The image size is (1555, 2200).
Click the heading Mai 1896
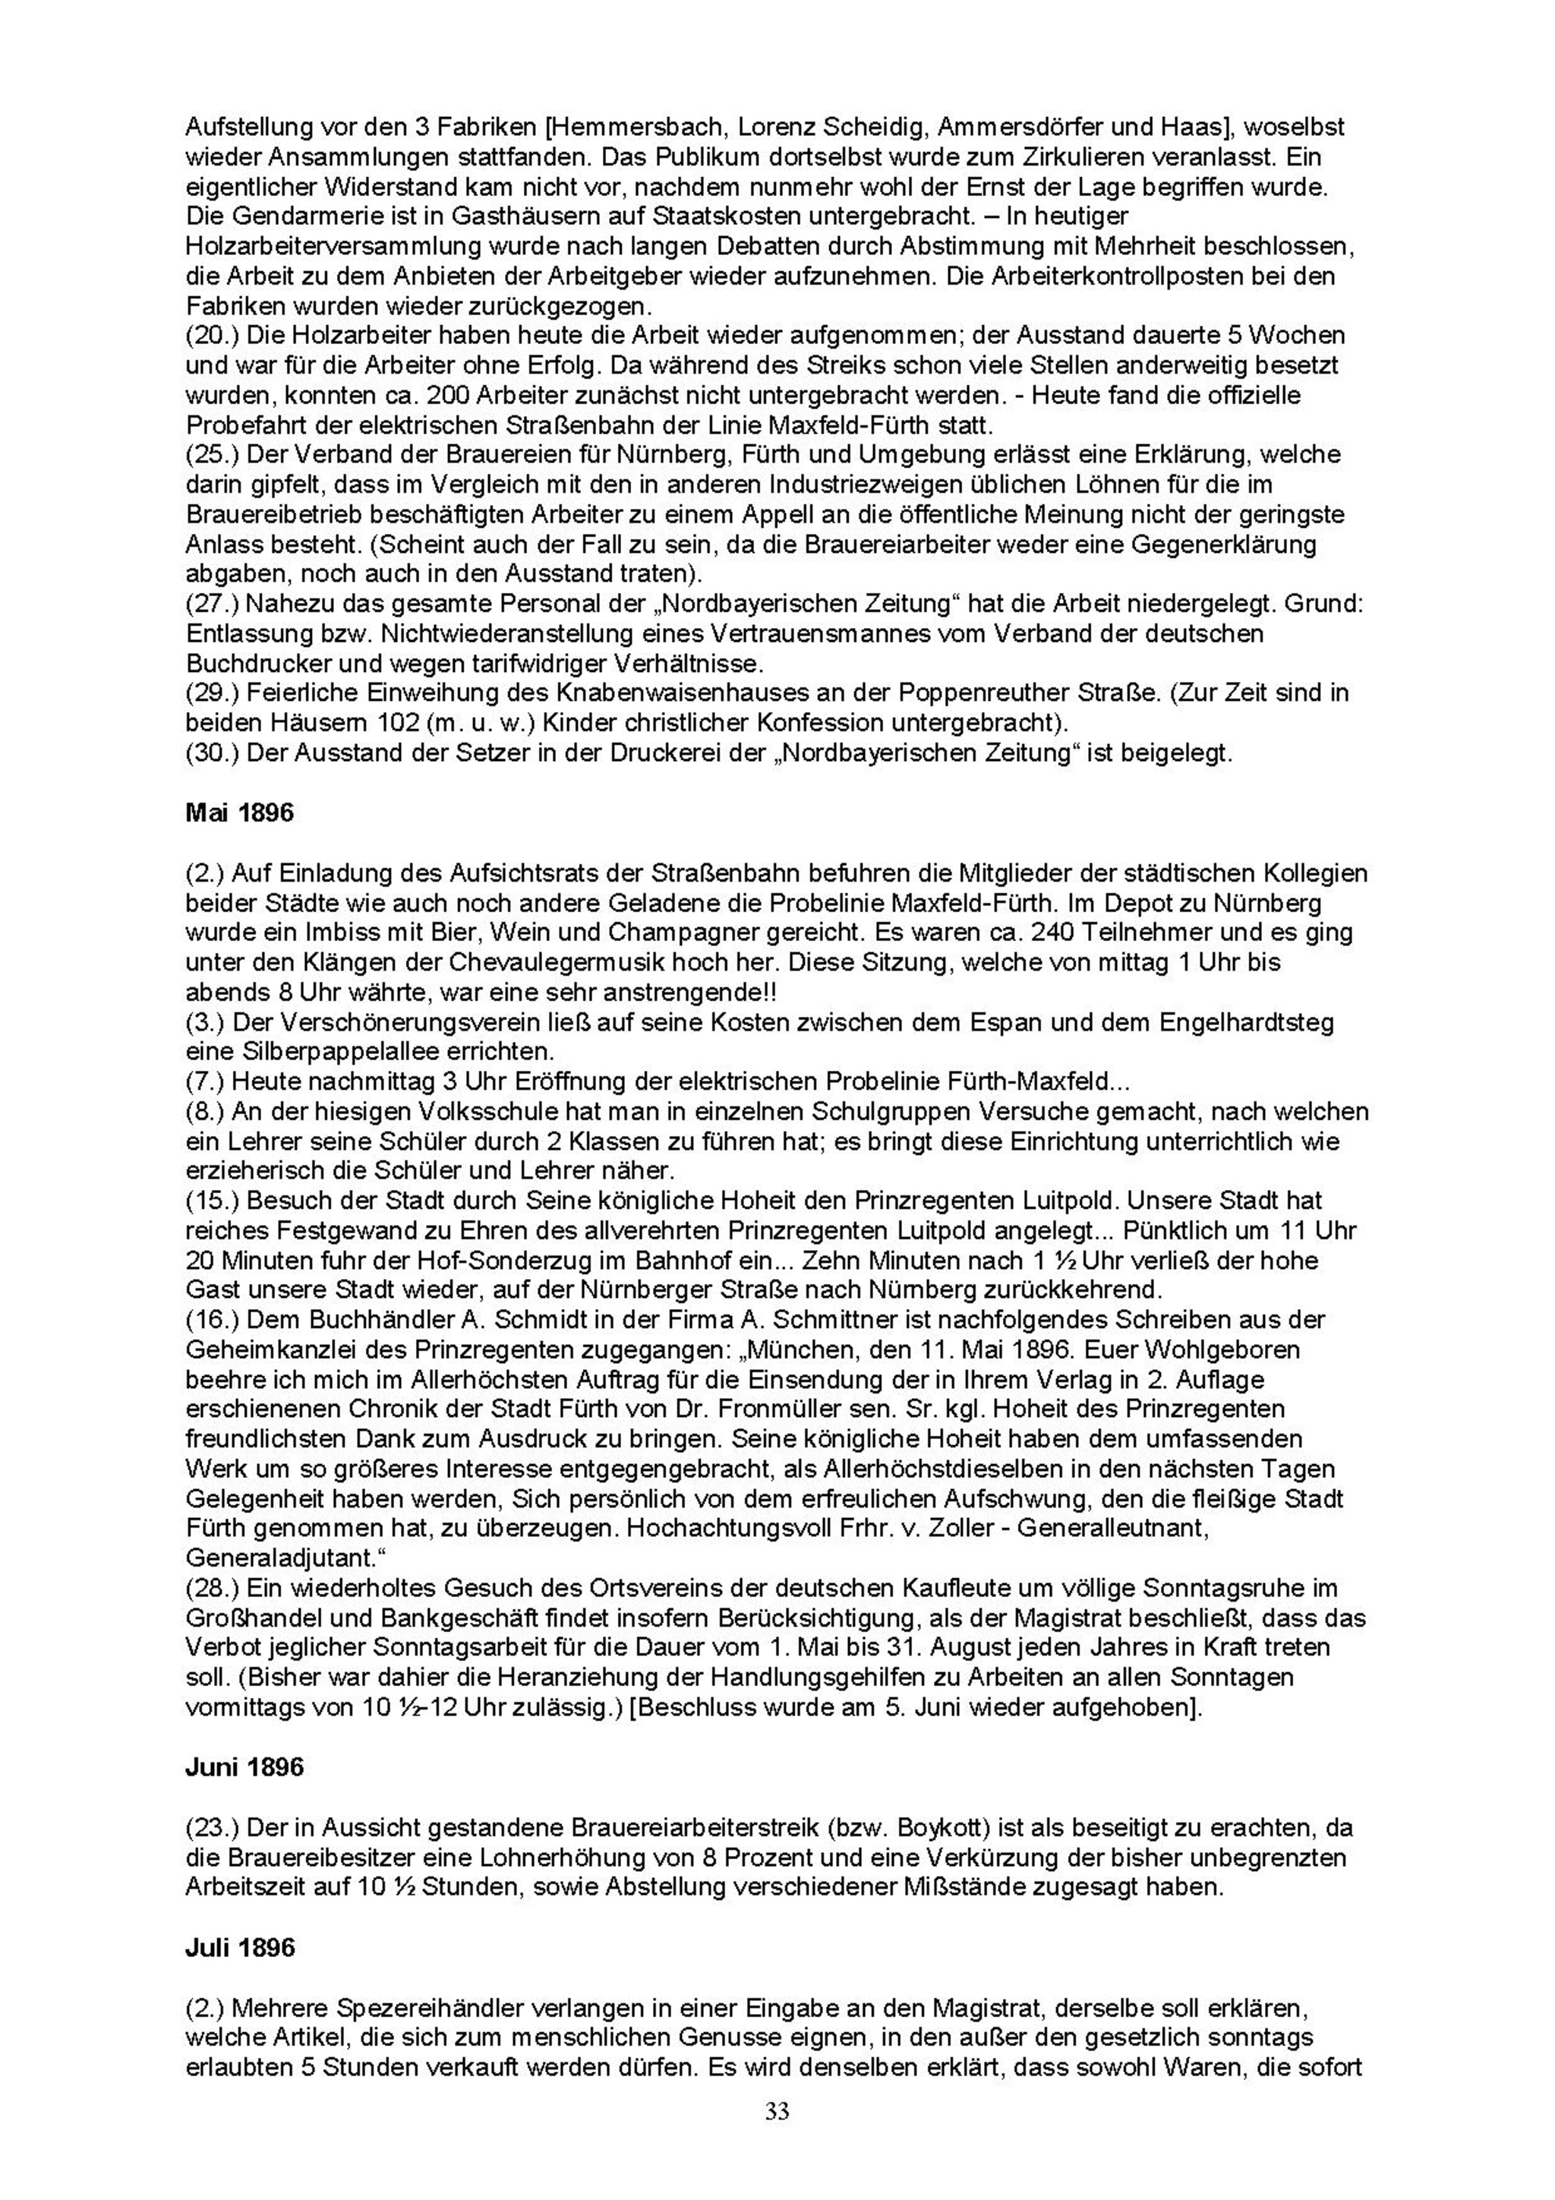pyautogui.click(x=238, y=813)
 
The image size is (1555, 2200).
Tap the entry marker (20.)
pyautogui.click(x=211, y=336)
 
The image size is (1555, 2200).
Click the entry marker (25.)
pyautogui.click(x=211, y=454)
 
